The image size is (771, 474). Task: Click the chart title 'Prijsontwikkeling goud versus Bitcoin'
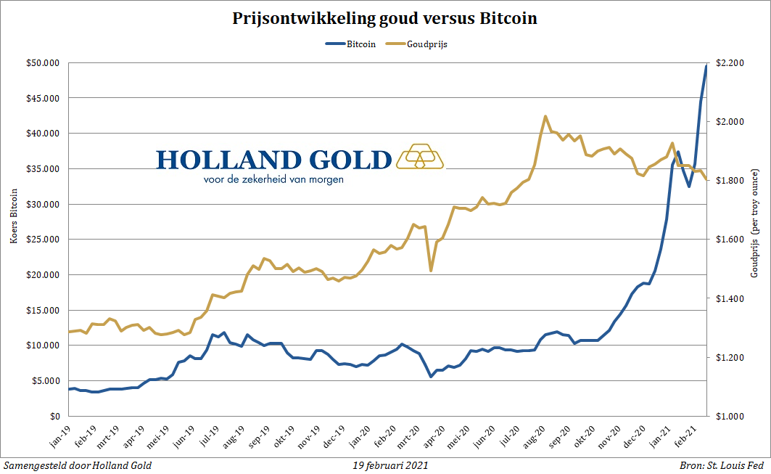[x=384, y=19]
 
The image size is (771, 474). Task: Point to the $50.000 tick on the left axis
[x=44, y=63]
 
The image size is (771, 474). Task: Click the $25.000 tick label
[x=44, y=240]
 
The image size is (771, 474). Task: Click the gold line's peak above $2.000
[x=545, y=116]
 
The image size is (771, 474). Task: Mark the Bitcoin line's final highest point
[x=706, y=66]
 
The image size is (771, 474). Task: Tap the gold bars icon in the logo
[x=421, y=157]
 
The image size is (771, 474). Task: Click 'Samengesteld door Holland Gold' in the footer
[x=78, y=465]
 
